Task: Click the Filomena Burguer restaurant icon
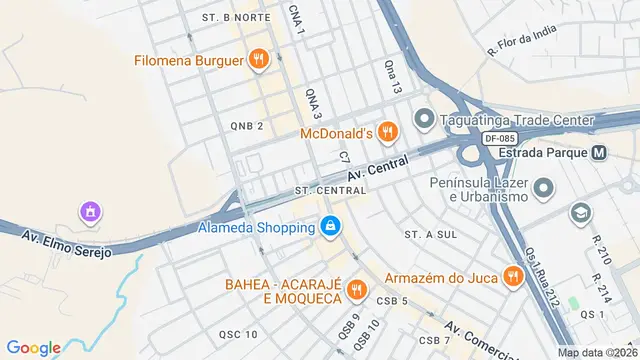point(259,60)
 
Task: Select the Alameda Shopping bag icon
point(329,228)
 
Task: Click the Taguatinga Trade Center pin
point(424,120)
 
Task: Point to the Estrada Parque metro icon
point(599,154)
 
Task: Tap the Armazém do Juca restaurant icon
point(514,275)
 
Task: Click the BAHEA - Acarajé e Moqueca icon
point(356,291)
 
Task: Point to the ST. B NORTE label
point(236,18)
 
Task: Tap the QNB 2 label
point(246,126)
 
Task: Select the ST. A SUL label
point(431,233)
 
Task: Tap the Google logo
point(34,347)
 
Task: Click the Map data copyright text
point(596,352)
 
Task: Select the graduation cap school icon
point(580,213)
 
